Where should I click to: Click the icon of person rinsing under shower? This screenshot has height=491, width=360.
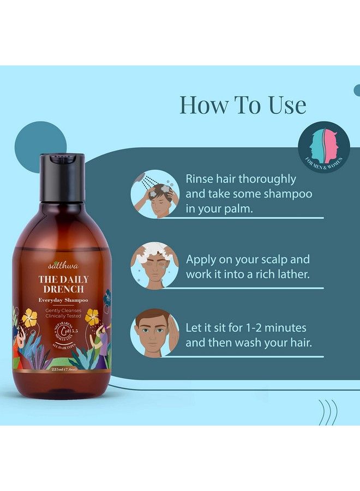pyautogui.click(x=154, y=194)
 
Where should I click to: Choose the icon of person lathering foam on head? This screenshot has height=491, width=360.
pyautogui.click(x=154, y=266)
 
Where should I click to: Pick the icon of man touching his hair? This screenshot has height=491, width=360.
pyautogui.click(x=154, y=334)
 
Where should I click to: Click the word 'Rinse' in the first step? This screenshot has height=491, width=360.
pyautogui.click(x=201, y=179)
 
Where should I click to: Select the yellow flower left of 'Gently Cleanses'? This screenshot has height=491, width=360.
pyautogui.click(x=30, y=318)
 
